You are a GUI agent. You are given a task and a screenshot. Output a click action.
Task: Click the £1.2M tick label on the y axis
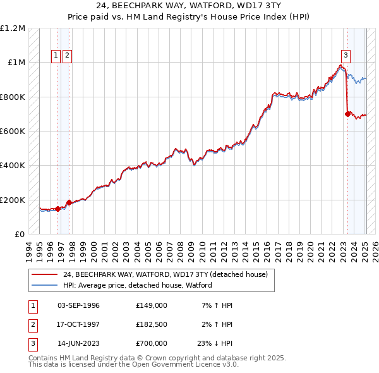[x=13, y=28]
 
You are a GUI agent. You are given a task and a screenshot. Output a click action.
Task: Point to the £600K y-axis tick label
[x=13, y=131]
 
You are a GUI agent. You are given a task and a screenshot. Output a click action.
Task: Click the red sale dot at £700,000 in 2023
[x=347, y=114]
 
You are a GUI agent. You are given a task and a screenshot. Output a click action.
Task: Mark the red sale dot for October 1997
[x=68, y=203]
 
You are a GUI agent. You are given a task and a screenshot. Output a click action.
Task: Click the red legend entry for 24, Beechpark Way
[x=165, y=274]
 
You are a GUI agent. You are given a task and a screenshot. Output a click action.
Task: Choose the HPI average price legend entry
[x=137, y=285]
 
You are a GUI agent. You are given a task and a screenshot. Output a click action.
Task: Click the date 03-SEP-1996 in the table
[x=78, y=305]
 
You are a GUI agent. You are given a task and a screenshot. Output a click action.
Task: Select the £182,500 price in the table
[x=151, y=324]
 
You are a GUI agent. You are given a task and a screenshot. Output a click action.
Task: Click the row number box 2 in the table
[x=32, y=324]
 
